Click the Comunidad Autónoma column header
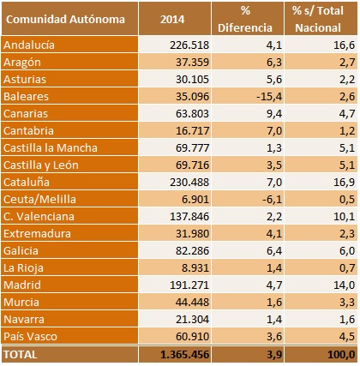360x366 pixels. (x=65, y=20)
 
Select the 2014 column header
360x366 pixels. (x=172, y=20)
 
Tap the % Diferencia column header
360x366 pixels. (x=245, y=20)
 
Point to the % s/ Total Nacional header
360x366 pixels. (x=318, y=20)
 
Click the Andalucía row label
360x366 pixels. (x=29, y=45)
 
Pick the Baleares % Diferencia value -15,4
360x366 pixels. (x=269, y=97)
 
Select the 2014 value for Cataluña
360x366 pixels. (x=189, y=183)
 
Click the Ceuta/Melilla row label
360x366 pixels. (x=39, y=199)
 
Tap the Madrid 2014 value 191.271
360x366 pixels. (x=189, y=285)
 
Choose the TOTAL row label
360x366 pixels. (x=21, y=355)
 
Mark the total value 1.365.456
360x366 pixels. (x=185, y=355)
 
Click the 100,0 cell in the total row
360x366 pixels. (x=341, y=355)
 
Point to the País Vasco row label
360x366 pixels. (x=30, y=336)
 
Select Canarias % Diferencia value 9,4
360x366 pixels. (x=274, y=114)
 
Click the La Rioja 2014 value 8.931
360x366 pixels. (x=195, y=268)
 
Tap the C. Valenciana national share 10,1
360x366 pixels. (x=345, y=217)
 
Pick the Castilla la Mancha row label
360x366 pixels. (x=51, y=147)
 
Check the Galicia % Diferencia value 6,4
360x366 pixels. (x=274, y=251)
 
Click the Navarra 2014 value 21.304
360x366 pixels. (x=192, y=320)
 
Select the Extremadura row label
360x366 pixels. (x=37, y=233)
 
